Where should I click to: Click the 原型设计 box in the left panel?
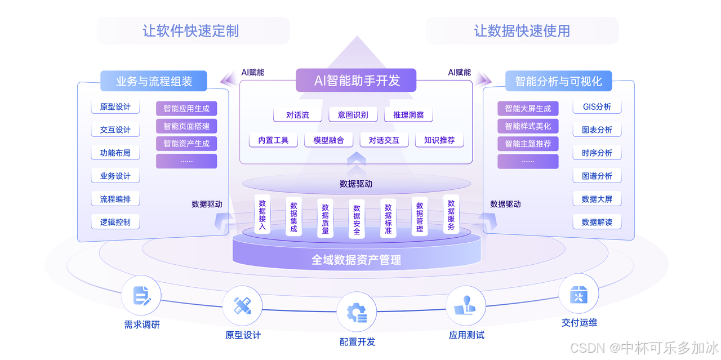(115, 107)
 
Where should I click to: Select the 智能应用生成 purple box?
(186, 109)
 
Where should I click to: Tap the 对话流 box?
(298, 115)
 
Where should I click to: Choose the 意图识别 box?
(353, 115)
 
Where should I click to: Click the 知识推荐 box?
(439, 140)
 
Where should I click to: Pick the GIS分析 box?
(597, 107)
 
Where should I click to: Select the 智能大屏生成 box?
(528, 109)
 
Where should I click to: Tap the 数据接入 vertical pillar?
(262, 214)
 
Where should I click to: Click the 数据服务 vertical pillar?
(451, 214)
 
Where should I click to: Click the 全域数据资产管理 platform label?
(357, 260)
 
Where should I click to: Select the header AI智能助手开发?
(357, 81)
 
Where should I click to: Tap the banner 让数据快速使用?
(522, 30)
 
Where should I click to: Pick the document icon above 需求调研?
(141, 296)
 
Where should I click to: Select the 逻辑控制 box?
(115, 222)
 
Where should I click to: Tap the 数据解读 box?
(597, 222)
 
